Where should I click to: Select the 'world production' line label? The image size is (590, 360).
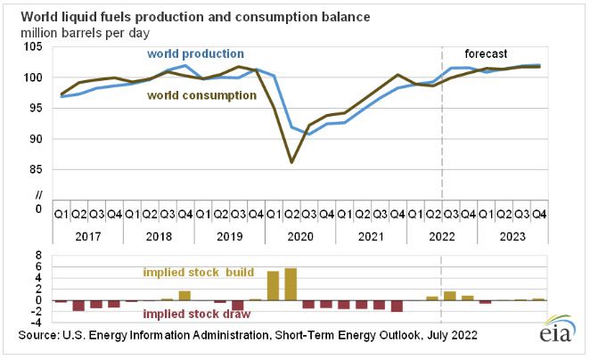tap(196, 54)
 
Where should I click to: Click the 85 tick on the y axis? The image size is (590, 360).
tap(37, 168)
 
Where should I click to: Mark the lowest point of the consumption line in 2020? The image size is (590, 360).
tap(291, 162)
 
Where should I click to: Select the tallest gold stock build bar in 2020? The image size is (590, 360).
tap(291, 283)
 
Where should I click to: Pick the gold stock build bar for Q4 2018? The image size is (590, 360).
tap(184, 295)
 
